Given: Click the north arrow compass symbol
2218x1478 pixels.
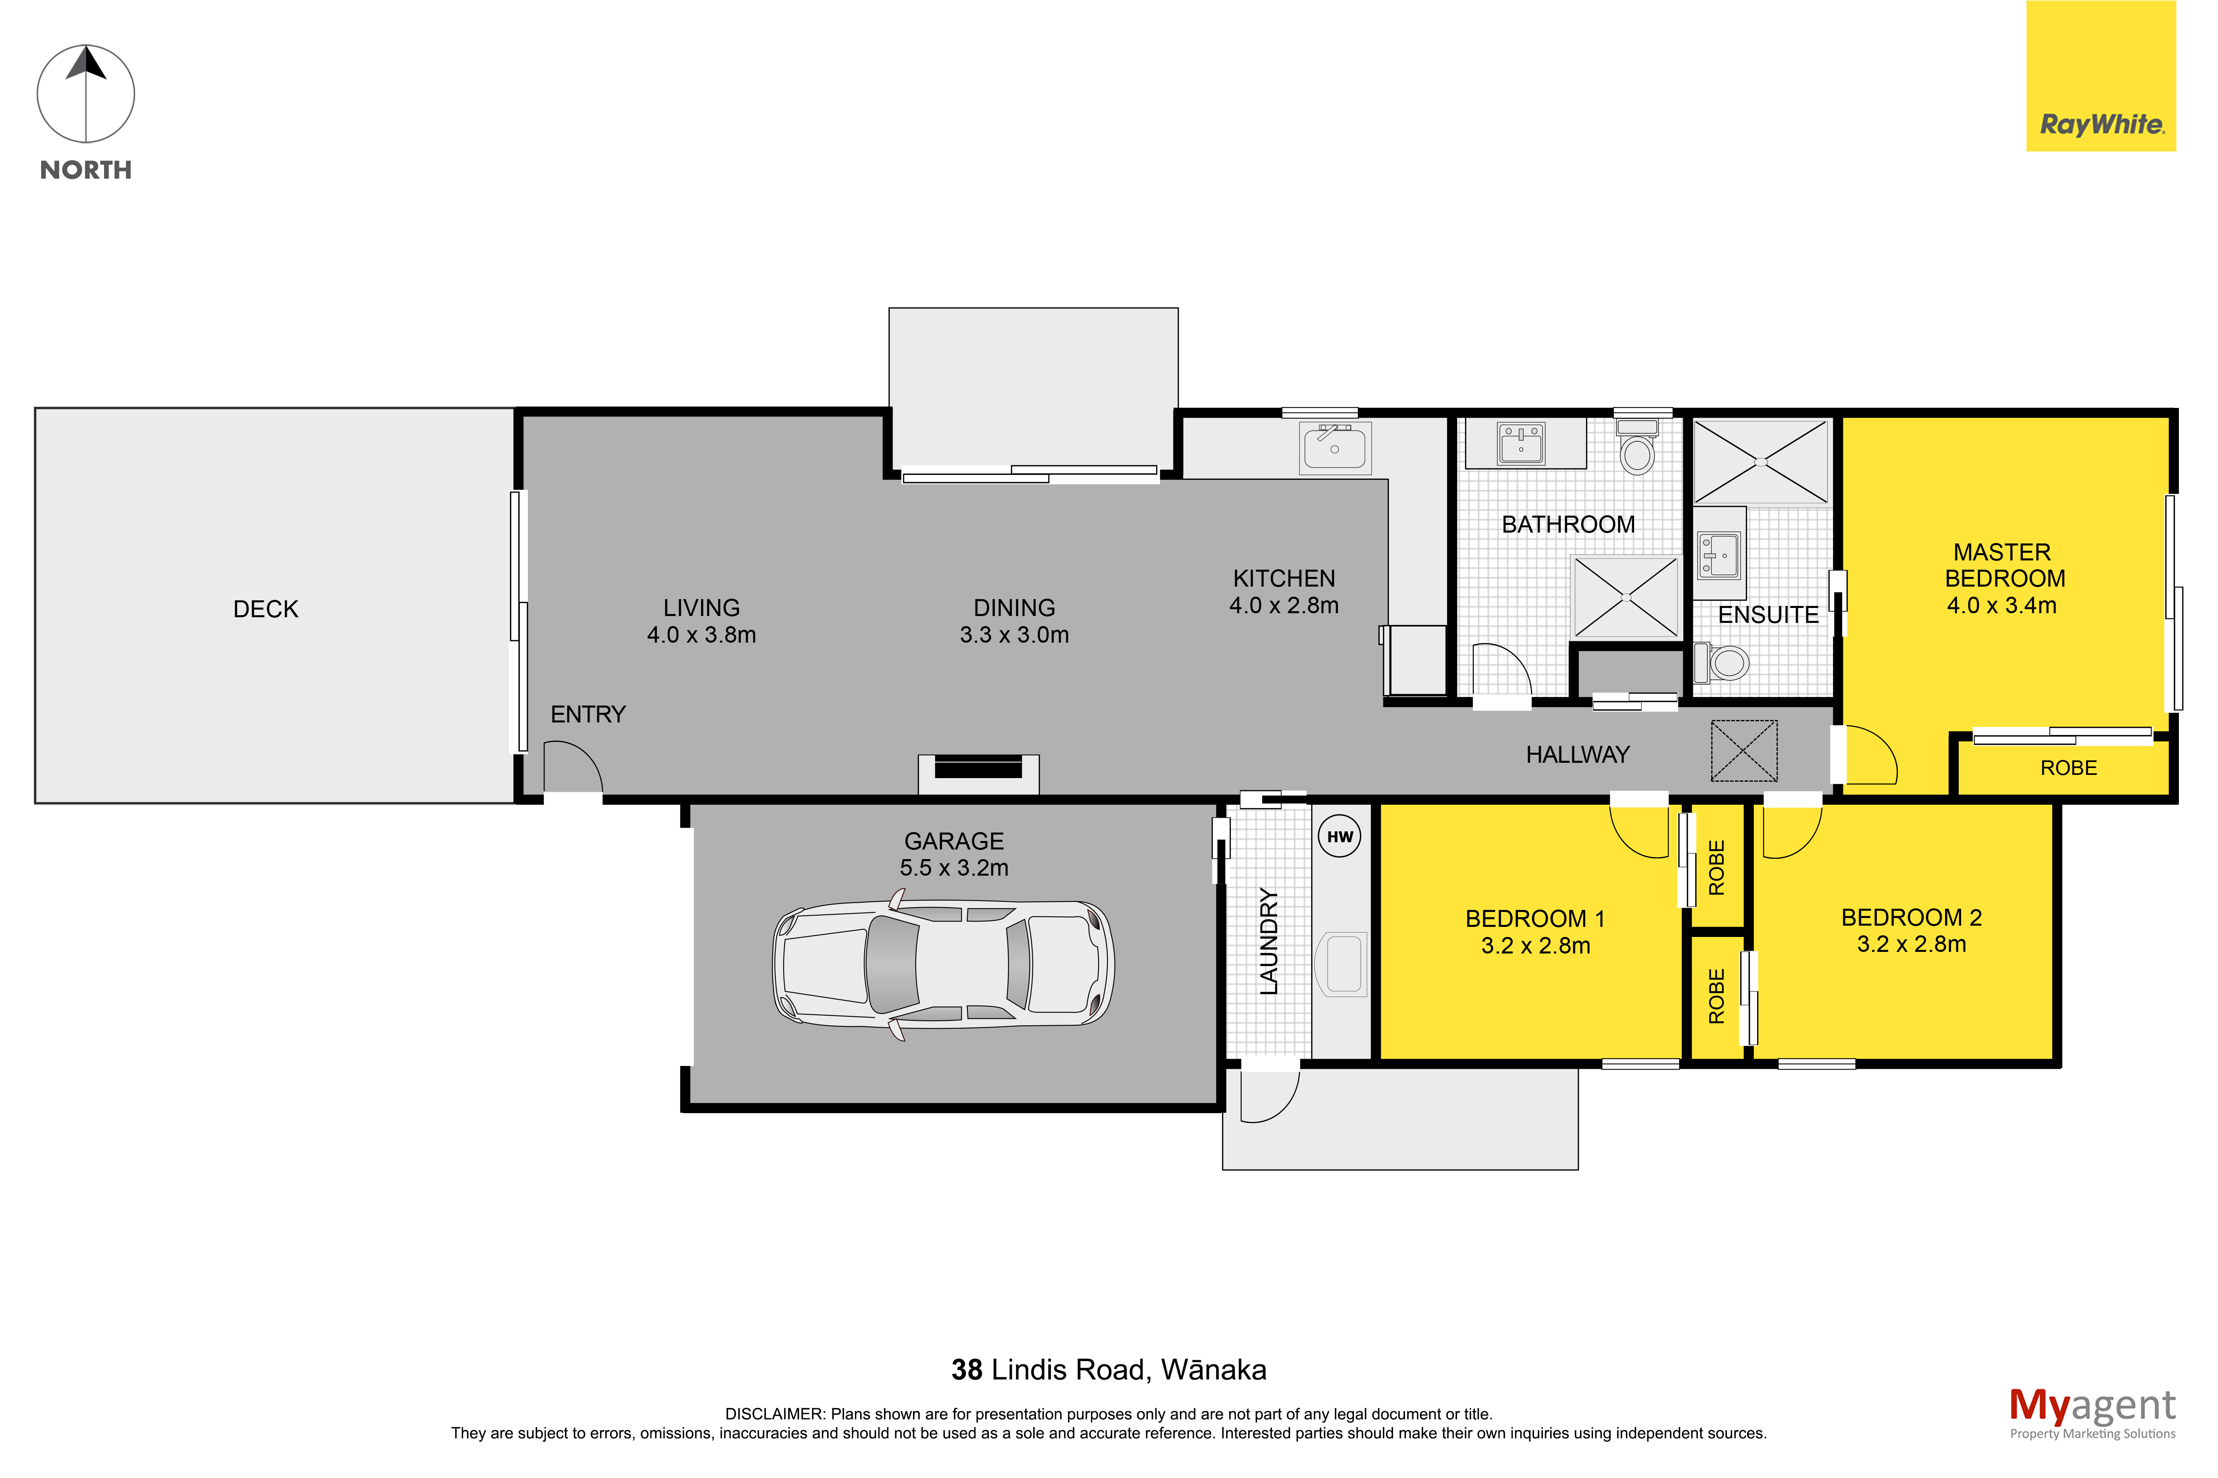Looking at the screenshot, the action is click(86, 94).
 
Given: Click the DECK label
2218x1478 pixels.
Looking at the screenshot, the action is click(266, 609).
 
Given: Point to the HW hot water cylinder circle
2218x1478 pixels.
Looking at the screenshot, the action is click(1340, 836).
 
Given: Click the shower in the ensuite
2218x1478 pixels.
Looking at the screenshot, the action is click(1761, 462).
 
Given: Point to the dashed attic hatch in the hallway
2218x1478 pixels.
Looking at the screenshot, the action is click(1744, 750).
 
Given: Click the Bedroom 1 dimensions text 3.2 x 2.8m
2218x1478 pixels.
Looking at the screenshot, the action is click(1536, 945).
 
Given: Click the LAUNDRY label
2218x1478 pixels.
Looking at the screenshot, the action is click(1269, 942).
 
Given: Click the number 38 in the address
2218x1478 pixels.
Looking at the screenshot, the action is click(966, 1370).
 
